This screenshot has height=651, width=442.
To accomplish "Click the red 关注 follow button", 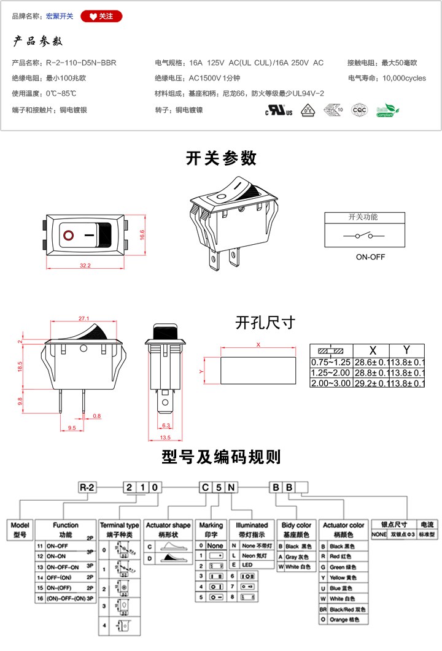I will [x=101, y=17].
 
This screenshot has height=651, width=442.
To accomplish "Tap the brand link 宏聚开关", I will [x=60, y=17].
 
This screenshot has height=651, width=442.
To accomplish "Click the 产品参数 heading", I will [x=38, y=42].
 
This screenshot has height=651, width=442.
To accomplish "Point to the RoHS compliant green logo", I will [x=387, y=110].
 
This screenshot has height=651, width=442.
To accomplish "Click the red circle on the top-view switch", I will [x=68, y=234].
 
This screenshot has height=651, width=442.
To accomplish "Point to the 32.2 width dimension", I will [x=85, y=266].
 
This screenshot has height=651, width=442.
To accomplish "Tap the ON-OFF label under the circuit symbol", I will [x=370, y=257].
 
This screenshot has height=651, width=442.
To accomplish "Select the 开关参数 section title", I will [x=221, y=158].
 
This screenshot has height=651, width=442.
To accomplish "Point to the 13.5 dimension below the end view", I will [x=165, y=437].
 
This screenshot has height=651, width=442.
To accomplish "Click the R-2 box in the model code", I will [x=87, y=487].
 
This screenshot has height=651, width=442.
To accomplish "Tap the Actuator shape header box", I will [x=168, y=526].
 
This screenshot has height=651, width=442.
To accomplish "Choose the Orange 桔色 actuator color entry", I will [x=347, y=620].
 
